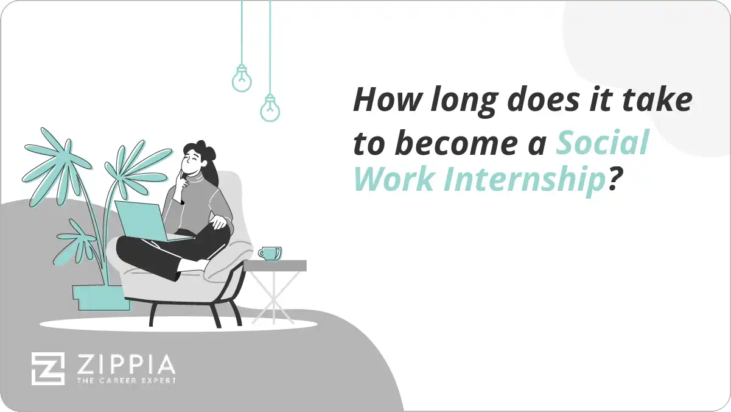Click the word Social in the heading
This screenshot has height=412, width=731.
pyautogui.click(x=603, y=143)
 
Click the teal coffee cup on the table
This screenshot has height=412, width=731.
pyautogui.click(x=270, y=253)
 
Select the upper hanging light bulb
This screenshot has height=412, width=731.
pyautogui.click(x=242, y=79)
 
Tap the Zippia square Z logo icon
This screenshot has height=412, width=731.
pyautogui.click(x=47, y=369)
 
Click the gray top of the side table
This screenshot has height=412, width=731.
pyautogui.click(x=275, y=266)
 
